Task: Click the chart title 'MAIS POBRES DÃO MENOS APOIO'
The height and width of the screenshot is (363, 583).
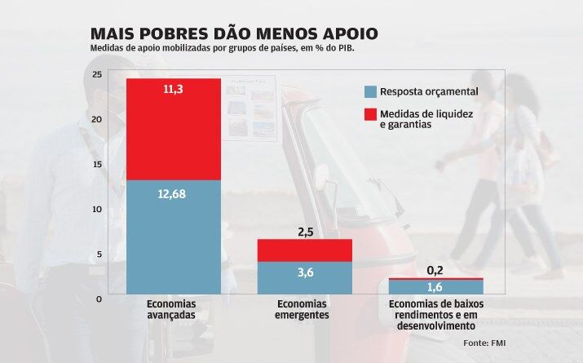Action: coord(234,33)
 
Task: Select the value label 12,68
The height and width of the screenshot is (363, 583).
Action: coord(174,194)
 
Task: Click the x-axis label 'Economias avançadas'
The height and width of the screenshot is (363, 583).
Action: coord(174,310)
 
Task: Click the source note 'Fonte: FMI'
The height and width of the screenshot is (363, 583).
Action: coord(484,343)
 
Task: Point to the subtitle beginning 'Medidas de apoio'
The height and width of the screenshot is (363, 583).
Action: coord(223,48)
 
